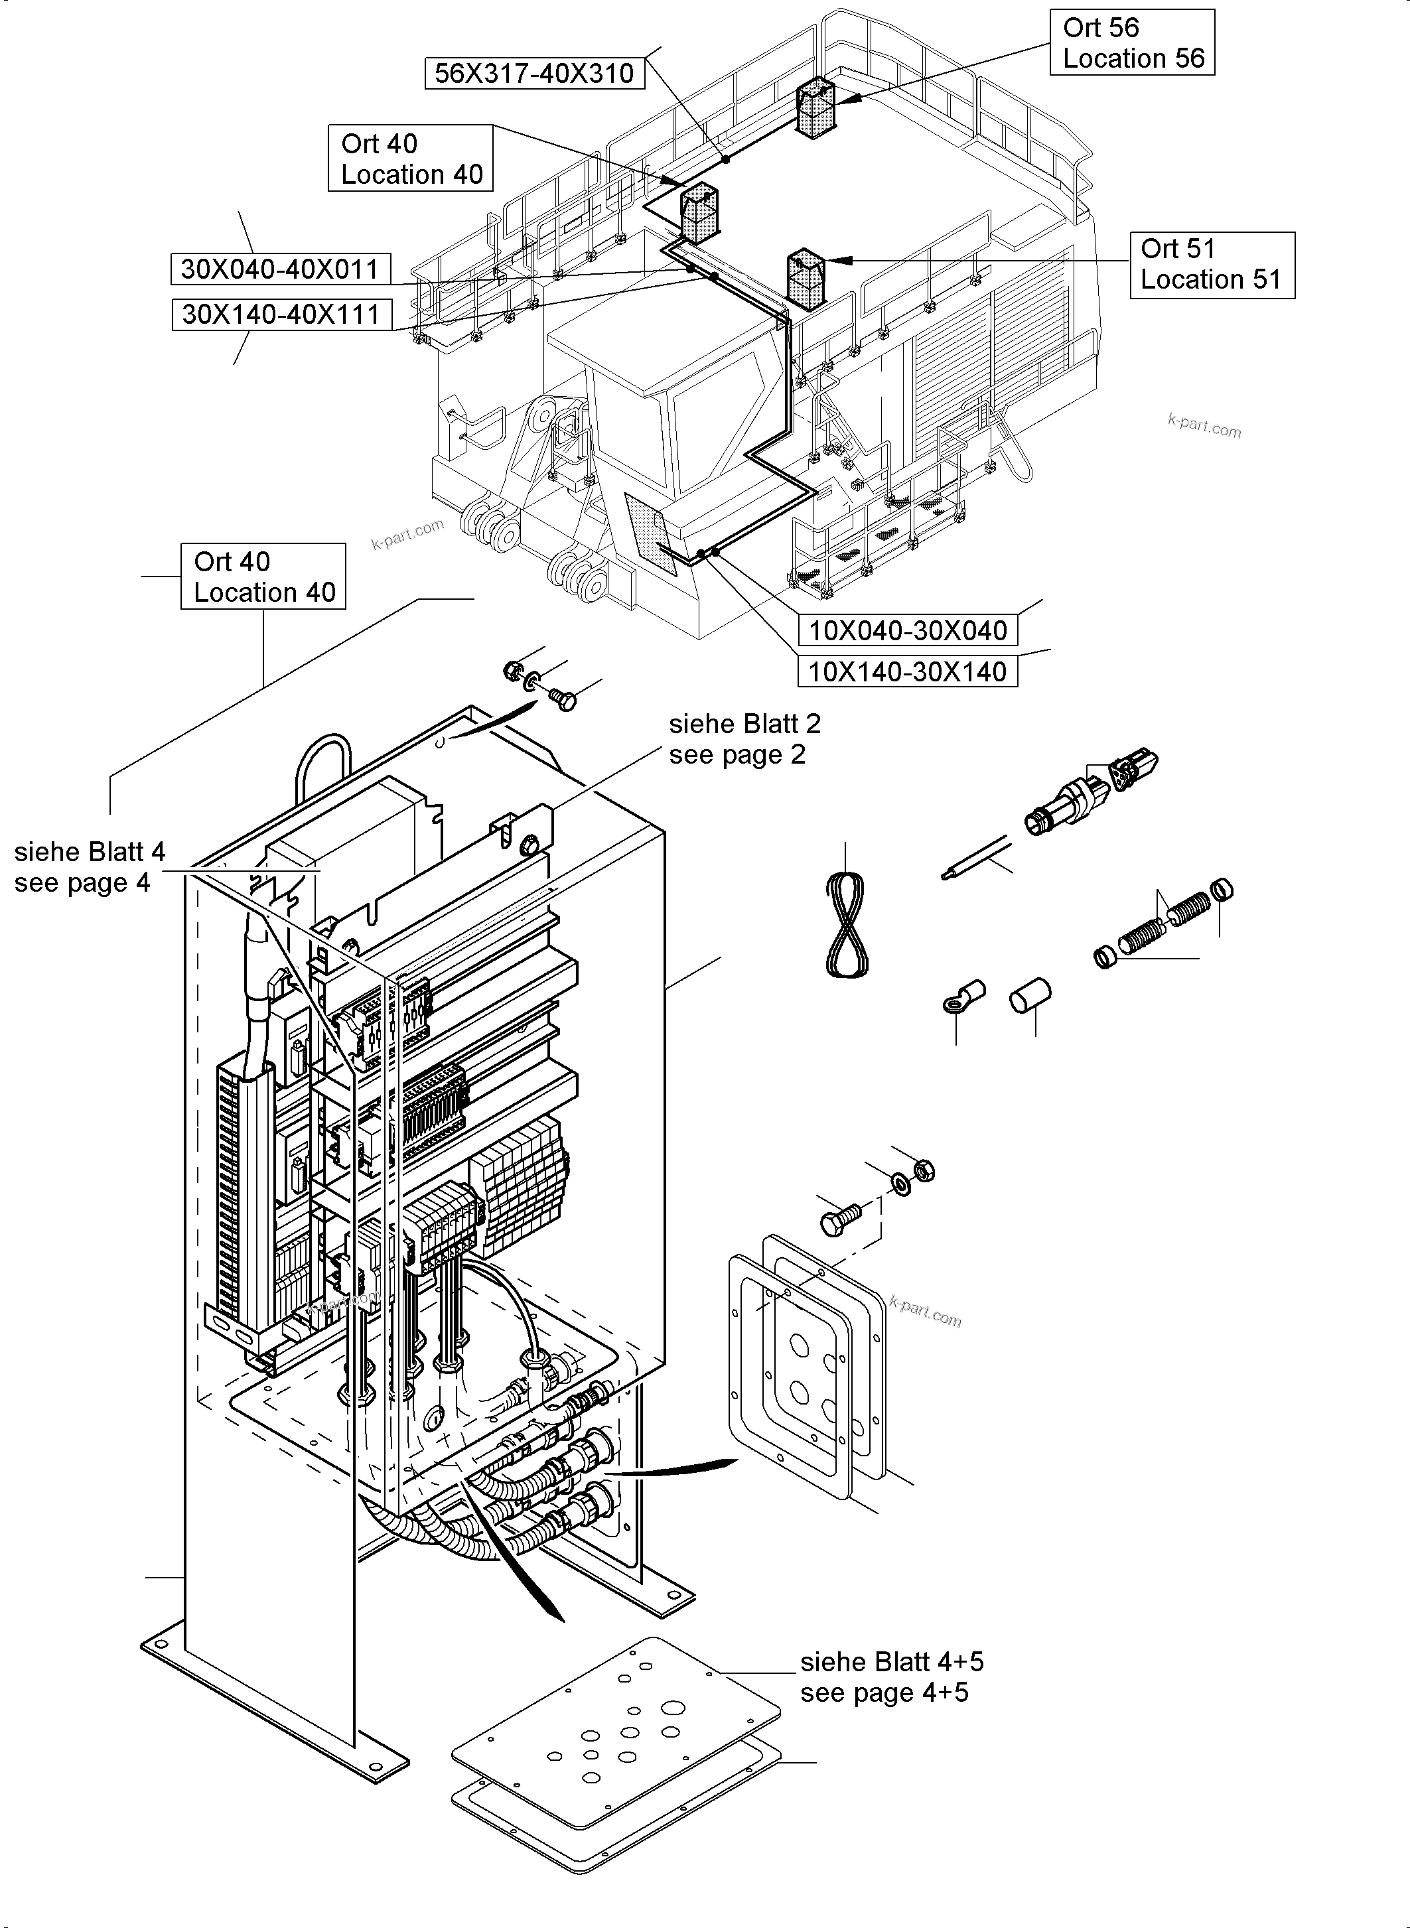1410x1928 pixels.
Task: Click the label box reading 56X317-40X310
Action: coord(534,74)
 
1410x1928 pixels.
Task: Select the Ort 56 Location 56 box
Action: coord(1132,42)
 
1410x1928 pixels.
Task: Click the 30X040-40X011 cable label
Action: coord(280,270)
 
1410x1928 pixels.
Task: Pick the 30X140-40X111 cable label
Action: coord(281,315)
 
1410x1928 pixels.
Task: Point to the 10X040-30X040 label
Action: coord(907,631)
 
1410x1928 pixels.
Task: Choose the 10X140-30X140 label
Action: coord(907,671)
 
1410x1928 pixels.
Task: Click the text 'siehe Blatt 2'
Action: coord(744,724)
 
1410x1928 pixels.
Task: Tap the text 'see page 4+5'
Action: coord(884,1692)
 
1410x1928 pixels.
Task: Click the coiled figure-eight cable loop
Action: coord(847,927)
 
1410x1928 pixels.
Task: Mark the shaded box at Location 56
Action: coord(815,107)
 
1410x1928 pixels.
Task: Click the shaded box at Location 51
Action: coord(805,279)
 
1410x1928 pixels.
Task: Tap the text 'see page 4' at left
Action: coord(82,882)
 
